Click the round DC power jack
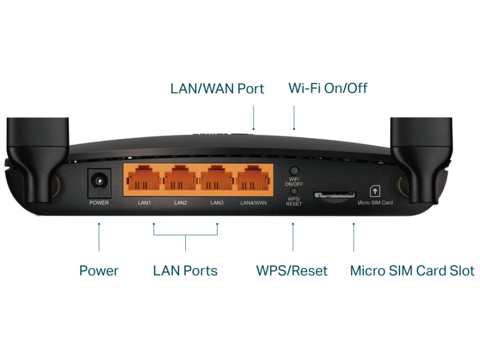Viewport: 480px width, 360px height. [x=99, y=181]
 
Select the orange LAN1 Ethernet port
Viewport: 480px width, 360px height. [x=143, y=181]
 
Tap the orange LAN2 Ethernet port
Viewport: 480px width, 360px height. [x=181, y=181]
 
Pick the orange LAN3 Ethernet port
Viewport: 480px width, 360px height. [x=217, y=181]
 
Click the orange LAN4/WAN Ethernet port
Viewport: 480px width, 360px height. [x=254, y=181]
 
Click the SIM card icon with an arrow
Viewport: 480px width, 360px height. [x=375, y=191]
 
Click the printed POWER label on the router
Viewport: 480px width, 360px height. [x=99, y=203]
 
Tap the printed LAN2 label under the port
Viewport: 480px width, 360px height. [x=180, y=203]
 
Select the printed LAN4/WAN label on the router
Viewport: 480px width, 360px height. [x=254, y=203]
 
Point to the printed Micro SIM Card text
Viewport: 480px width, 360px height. [x=375, y=203]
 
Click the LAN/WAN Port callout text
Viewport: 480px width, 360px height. [x=217, y=89]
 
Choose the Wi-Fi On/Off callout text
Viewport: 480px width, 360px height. [x=328, y=88]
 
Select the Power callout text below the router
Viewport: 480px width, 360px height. [x=99, y=271]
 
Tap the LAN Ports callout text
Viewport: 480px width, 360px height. [x=185, y=271]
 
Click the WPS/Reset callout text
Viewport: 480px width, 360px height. [x=292, y=271]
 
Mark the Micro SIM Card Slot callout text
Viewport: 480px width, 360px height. [x=412, y=271]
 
